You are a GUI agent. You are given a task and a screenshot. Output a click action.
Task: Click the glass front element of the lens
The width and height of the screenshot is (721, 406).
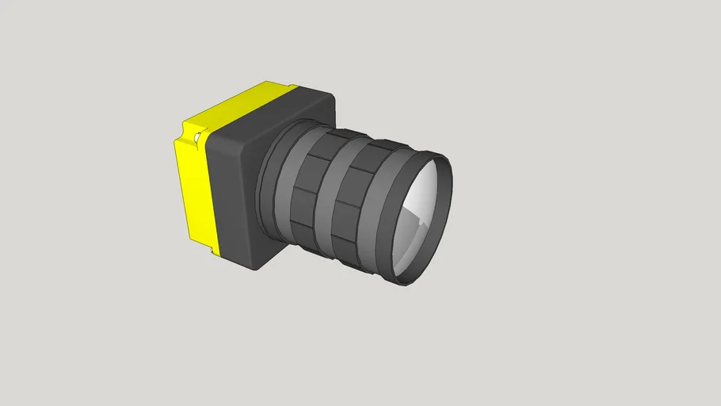tap(420, 216)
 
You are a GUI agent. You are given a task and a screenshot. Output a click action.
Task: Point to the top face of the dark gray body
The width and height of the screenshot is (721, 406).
tap(261, 111)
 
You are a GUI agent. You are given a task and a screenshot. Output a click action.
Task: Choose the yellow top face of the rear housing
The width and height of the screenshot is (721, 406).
tap(238, 103)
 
